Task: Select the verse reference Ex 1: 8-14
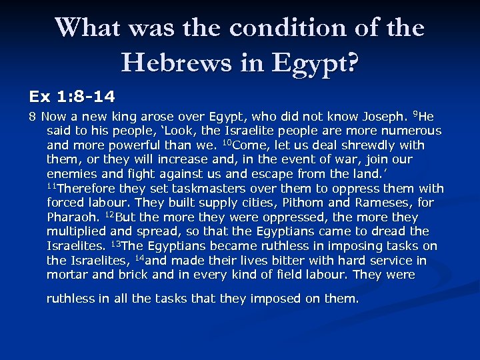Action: [x=71, y=97]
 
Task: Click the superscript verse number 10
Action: [x=225, y=143]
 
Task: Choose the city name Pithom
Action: [x=304, y=203]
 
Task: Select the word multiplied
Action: [x=76, y=231]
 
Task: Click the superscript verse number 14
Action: [x=139, y=258]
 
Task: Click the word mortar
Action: [x=65, y=275]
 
